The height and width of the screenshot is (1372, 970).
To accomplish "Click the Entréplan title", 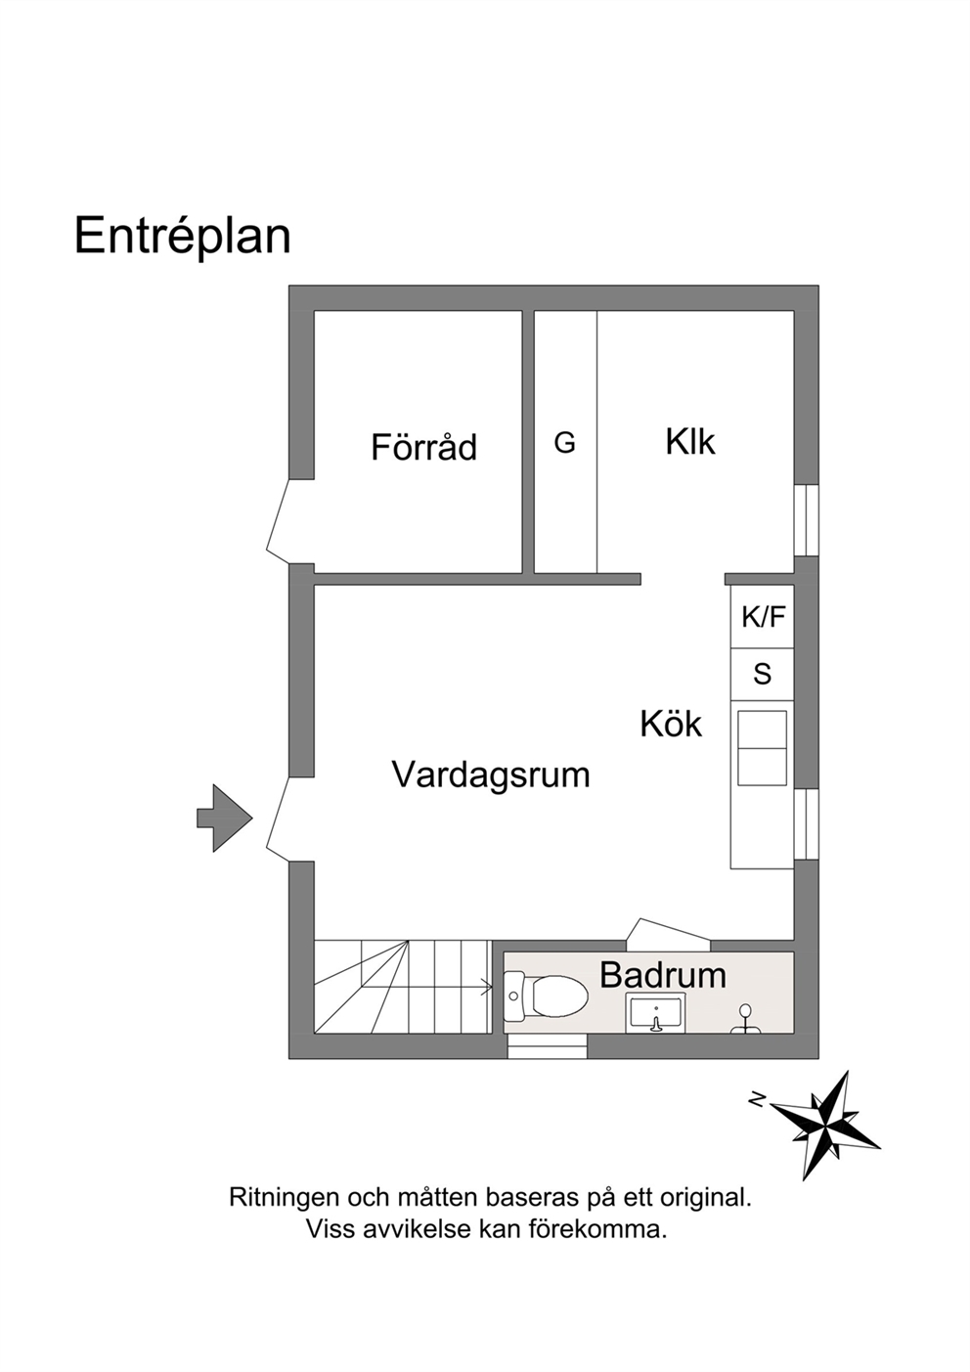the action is (x=182, y=237).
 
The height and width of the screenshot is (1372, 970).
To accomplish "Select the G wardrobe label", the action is (x=564, y=442).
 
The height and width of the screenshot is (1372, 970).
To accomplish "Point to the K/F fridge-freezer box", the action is (x=763, y=617).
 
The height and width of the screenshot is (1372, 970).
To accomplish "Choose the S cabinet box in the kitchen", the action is (x=763, y=675).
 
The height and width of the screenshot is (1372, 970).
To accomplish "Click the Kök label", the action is (x=671, y=724).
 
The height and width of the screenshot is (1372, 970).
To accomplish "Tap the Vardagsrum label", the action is (x=491, y=775).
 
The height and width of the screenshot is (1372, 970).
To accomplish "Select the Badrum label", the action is (x=663, y=975).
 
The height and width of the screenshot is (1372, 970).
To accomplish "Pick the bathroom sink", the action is (x=655, y=1015).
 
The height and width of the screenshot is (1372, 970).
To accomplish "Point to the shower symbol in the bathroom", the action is (x=745, y=1019).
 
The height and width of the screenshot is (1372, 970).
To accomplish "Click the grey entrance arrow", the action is (x=224, y=818).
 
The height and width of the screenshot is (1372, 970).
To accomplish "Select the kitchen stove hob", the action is (x=762, y=748).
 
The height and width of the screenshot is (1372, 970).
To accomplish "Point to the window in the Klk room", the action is (x=807, y=520).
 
